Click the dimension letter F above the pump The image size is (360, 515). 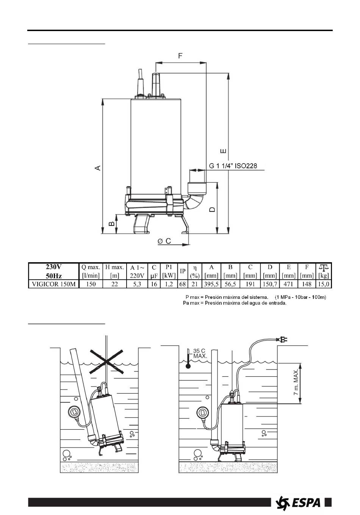181,56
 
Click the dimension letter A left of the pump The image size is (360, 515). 98,167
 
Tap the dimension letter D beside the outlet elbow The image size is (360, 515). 213,209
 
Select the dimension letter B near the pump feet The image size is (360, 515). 112,224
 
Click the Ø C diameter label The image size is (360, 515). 164,241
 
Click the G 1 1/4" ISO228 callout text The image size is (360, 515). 233,166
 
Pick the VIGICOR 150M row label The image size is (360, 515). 53,284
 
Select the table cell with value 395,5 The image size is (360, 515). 211,284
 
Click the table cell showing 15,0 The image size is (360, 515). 324,284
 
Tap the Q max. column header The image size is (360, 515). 91,267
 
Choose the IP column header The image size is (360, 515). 182,271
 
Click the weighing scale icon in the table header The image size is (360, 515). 324,267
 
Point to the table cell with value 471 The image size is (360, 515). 289,284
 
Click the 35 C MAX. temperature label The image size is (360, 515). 200,354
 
